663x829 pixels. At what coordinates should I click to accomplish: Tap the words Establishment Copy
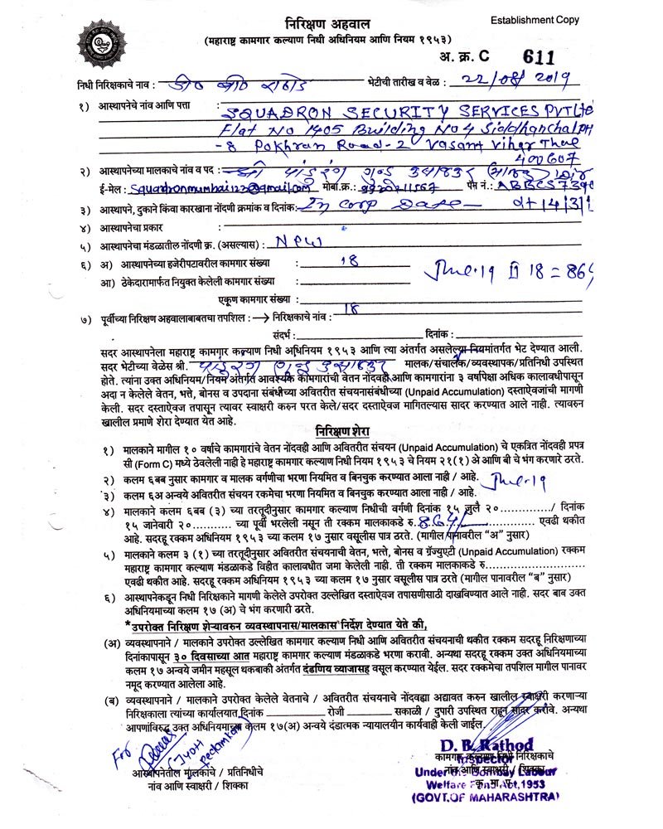535,20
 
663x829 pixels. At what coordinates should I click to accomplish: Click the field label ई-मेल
112,189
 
